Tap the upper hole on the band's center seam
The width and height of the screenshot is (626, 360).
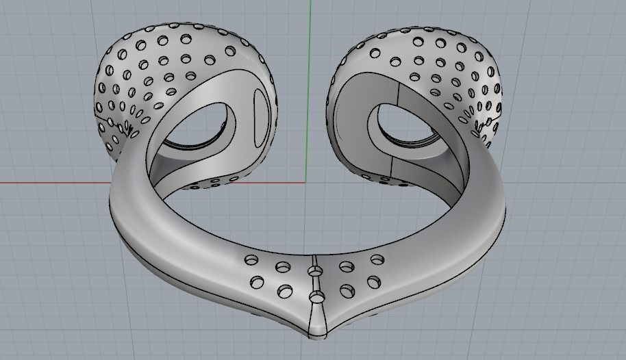pyautogui.click(x=315, y=272)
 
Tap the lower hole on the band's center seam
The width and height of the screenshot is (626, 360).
pyautogui.click(x=317, y=296)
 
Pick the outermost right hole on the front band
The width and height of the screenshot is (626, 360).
pyautogui.click(x=377, y=259)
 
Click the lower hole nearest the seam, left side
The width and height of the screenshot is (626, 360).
pyautogui.click(x=284, y=291)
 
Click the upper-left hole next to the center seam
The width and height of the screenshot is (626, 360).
pyautogui.click(x=281, y=266)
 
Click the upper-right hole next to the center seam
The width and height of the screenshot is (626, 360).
pyautogui.click(x=346, y=266)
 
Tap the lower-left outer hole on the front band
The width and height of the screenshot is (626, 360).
pyautogui.click(x=258, y=281)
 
